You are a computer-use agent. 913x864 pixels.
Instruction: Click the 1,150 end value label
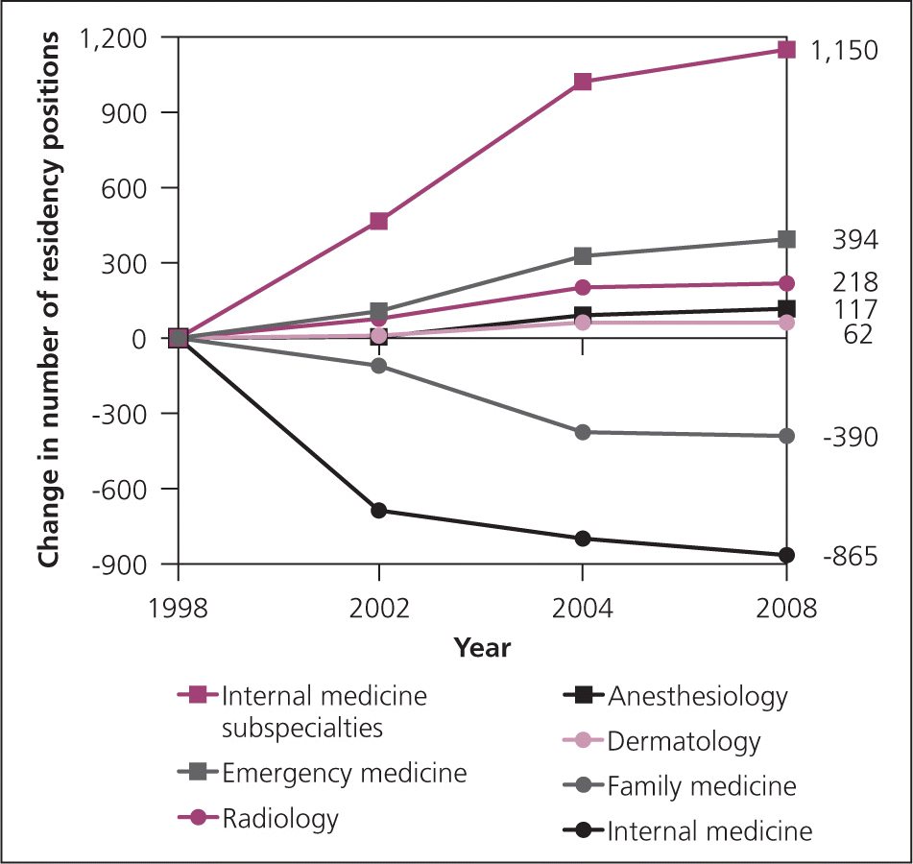(844, 51)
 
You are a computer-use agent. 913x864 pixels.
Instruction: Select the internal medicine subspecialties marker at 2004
(582, 82)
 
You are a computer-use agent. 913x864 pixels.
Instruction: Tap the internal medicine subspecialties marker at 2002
(379, 222)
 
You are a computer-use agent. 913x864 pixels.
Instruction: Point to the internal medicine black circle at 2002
(379, 511)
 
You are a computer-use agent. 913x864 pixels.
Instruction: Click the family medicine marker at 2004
(582, 432)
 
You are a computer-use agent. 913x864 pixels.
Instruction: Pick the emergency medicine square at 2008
(786, 239)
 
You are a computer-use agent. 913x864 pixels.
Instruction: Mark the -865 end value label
(850, 557)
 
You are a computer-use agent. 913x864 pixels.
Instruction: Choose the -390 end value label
(850, 438)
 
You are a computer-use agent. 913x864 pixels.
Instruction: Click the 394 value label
(854, 240)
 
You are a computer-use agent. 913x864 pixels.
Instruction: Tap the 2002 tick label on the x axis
(379, 609)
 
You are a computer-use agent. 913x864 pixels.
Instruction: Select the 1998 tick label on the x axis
(178, 609)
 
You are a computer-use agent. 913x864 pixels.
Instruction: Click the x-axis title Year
(482, 648)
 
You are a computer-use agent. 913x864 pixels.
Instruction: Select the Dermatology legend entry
(684, 741)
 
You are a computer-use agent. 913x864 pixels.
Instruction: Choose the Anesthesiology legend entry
(697, 696)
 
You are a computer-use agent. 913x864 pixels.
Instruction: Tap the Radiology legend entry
(279, 819)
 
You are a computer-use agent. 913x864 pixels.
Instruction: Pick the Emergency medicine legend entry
(344, 773)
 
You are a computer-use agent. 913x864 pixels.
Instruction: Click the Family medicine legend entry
(701, 786)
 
